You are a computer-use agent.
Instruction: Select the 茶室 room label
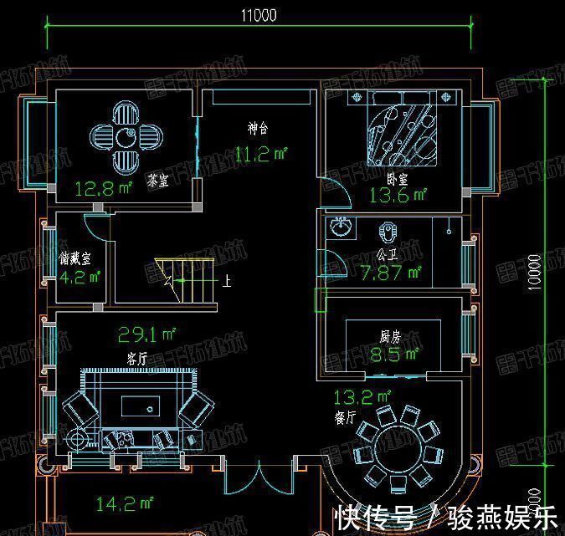point(157,180)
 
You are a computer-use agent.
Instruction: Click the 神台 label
point(258,130)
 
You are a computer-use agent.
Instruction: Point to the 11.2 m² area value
point(260,153)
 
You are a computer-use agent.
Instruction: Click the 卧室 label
point(397,179)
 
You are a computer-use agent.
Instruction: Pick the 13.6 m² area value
point(398,196)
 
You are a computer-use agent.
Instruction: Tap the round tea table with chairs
point(125,136)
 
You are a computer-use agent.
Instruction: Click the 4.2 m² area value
point(80,276)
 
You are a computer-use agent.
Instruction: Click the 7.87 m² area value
point(390,273)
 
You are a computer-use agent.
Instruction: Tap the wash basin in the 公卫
point(342,227)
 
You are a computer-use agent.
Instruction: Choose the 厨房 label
point(390,335)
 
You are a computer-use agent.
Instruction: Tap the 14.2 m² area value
point(125,503)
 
